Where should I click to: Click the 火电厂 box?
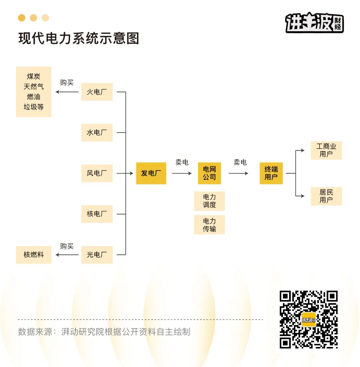(x=97, y=92)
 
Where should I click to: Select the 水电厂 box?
(x=97, y=132)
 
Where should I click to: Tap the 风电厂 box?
(x=97, y=173)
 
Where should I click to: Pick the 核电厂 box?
(x=97, y=214)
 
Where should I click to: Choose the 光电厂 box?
(x=97, y=255)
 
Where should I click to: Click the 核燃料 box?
(x=34, y=255)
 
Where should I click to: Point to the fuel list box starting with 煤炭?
(x=34, y=92)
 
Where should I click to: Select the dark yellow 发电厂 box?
(x=151, y=173)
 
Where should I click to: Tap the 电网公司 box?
(x=209, y=173)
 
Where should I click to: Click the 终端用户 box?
(x=271, y=173)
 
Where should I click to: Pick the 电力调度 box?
(x=209, y=201)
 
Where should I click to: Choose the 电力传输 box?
(x=209, y=225)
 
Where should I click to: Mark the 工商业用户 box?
(x=326, y=150)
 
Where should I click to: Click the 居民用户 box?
(x=326, y=196)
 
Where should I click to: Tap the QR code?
(x=308, y=320)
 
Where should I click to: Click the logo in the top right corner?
(x=314, y=23)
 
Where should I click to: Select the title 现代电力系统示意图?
(x=79, y=38)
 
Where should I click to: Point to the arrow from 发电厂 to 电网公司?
(x=182, y=173)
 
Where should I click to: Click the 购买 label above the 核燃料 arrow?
(x=67, y=246)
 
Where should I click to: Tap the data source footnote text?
(x=104, y=332)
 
